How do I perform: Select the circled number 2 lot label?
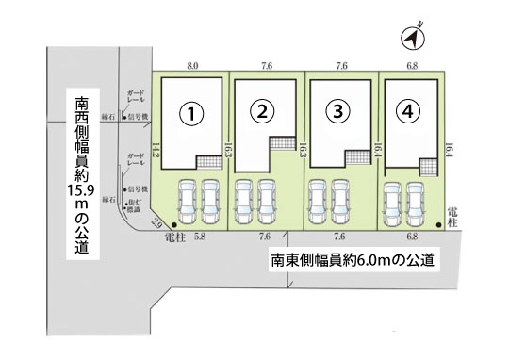264,111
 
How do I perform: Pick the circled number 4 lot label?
407,111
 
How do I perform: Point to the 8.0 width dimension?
192,66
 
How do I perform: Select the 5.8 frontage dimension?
199,237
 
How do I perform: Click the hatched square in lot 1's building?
208,161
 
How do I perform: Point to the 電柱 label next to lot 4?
454,214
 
